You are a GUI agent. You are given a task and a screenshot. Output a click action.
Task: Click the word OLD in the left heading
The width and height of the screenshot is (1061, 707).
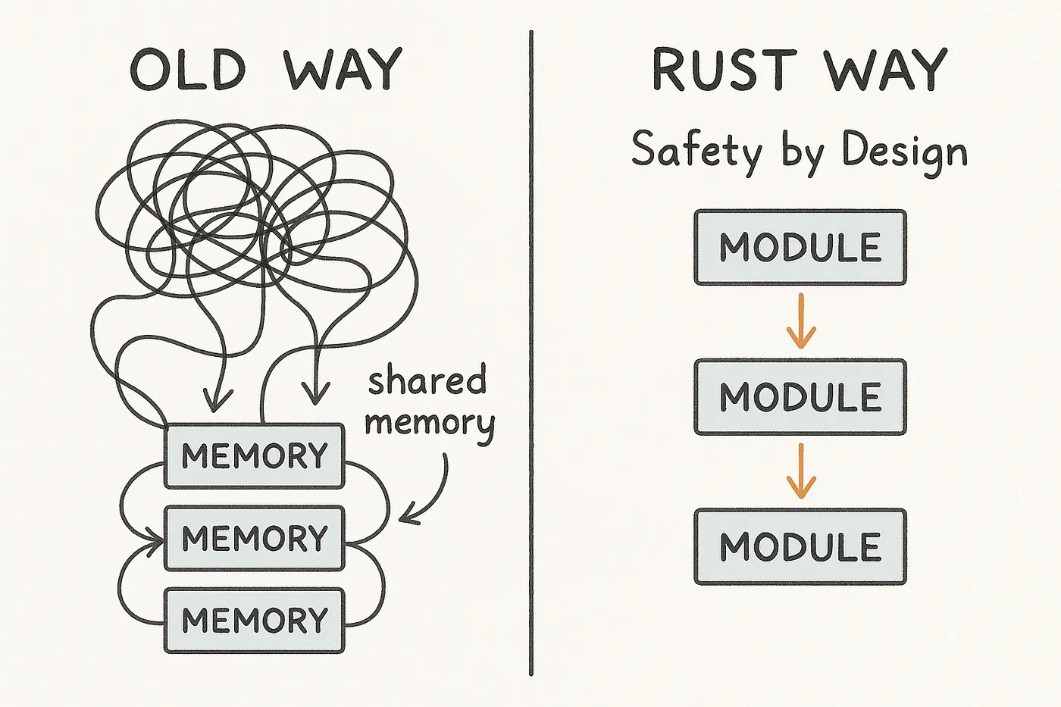(188, 70)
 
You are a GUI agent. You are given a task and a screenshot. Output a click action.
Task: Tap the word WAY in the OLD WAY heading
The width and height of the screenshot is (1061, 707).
(342, 70)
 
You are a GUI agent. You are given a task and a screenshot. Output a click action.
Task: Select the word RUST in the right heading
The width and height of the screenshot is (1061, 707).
(724, 70)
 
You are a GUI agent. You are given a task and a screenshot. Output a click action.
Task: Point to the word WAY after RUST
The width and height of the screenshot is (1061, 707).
(885, 70)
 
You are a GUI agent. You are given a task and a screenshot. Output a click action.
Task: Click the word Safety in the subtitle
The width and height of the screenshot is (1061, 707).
(696, 150)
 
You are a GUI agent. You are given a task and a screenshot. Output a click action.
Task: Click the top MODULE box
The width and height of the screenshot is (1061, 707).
(800, 248)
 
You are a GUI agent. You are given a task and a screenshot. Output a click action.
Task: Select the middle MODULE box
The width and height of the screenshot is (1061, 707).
(800, 397)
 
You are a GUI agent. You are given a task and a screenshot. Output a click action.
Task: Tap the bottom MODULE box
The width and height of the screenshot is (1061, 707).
(800, 546)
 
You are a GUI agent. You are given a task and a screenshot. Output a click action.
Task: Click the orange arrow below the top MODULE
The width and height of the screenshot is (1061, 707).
(801, 321)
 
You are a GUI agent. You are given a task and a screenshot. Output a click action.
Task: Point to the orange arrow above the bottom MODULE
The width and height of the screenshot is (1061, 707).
(801, 471)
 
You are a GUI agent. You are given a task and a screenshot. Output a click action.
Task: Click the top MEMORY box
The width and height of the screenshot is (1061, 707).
(255, 456)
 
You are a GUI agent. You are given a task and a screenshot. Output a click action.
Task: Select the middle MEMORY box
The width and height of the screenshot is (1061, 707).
(255, 538)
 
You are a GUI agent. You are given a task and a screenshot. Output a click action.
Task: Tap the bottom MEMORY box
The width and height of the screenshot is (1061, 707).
(255, 620)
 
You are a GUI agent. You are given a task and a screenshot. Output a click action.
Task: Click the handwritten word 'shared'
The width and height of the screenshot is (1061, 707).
(427, 380)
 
